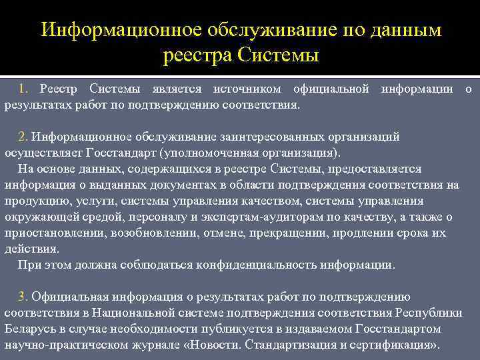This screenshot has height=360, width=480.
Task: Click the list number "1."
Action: [x=23, y=89]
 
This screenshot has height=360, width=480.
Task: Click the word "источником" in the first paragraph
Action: [x=249, y=89]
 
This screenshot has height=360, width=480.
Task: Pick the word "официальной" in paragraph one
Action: [x=331, y=89]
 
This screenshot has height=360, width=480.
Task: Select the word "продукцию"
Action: [x=31, y=201]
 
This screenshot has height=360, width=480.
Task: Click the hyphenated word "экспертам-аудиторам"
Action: [x=263, y=217]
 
